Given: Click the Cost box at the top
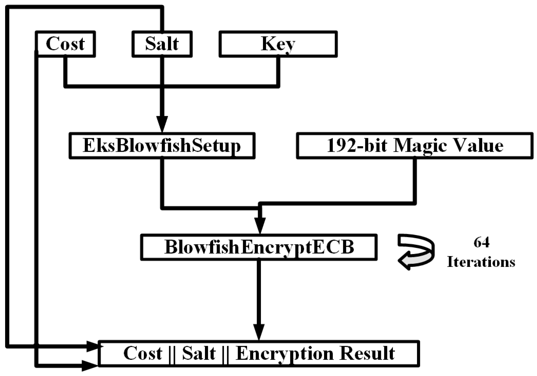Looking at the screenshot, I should pyautogui.click(x=65, y=44).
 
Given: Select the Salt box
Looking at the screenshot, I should pyautogui.click(x=162, y=44).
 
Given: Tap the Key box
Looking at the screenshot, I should pyautogui.click(x=278, y=44).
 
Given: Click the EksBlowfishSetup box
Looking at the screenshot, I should pyautogui.click(x=162, y=146).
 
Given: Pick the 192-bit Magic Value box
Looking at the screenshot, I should pyautogui.click(x=415, y=146).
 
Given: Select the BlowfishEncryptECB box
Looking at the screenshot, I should pyautogui.click(x=259, y=247).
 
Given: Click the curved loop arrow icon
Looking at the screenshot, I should pyautogui.click(x=416, y=252).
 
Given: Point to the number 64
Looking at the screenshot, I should pyautogui.click(x=481, y=242).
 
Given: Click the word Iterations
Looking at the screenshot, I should pyautogui.click(x=481, y=262).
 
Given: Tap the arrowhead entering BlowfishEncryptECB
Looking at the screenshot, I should pyautogui.click(x=260, y=225).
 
